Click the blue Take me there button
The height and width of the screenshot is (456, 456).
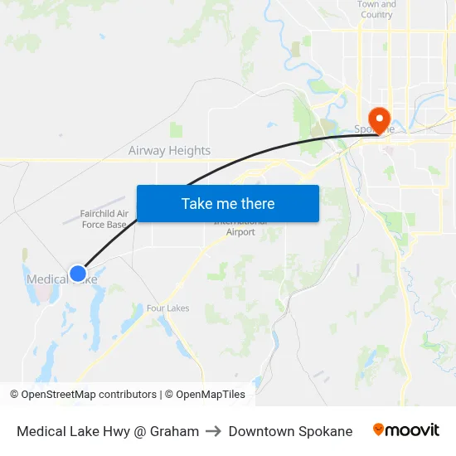[228, 203]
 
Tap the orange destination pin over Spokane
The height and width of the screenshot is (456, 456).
[380, 119]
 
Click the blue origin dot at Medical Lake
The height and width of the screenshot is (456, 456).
[78, 273]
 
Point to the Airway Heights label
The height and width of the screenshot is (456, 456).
[169, 151]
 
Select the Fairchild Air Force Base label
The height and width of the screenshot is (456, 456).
[104, 219]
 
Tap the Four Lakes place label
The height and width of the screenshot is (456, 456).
[167, 308]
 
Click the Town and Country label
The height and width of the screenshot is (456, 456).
[376, 9]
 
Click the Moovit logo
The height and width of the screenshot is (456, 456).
[406, 430]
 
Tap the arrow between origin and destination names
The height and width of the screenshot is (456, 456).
[214, 431]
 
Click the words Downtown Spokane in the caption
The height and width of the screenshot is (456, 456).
[290, 431]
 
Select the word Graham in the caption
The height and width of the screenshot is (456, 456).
[174, 431]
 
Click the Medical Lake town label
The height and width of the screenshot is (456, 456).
[50, 279]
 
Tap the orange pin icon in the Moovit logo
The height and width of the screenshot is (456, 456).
[379, 429]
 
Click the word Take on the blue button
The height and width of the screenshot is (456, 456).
[197, 203]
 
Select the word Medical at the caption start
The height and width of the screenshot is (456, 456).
[41, 431]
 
